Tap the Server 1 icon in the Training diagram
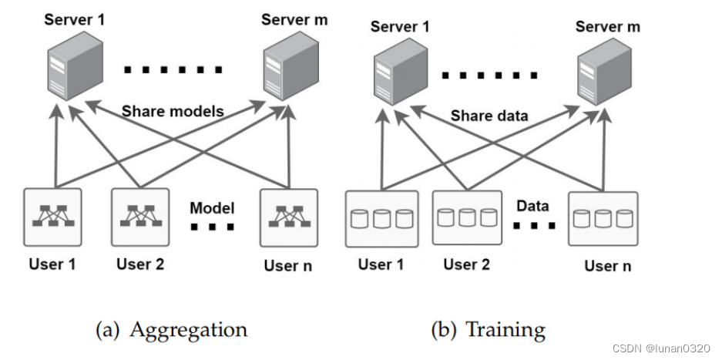pyautogui.click(x=398, y=71)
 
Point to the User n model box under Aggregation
pyautogui.click(x=288, y=217)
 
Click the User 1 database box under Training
pyautogui.click(x=381, y=218)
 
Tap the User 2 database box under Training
pyautogui.click(x=467, y=217)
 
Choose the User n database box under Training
pyautogui.click(x=603, y=218)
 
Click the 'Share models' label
pyautogui.click(x=173, y=111)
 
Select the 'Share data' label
pyautogui.click(x=489, y=116)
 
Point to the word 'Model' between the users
pyautogui.click(x=212, y=208)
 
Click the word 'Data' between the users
pyautogui.click(x=532, y=206)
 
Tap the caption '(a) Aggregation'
pyautogui.click(x=171, y=330)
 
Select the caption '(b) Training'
pyautogui.click(x=488, y=330)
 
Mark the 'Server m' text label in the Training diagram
pyautogui.click(x=607, y=27)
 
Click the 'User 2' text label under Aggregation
pyautogui.click(x=140, y=264)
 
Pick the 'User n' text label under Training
pyautogui.click(x=607, y=266)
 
